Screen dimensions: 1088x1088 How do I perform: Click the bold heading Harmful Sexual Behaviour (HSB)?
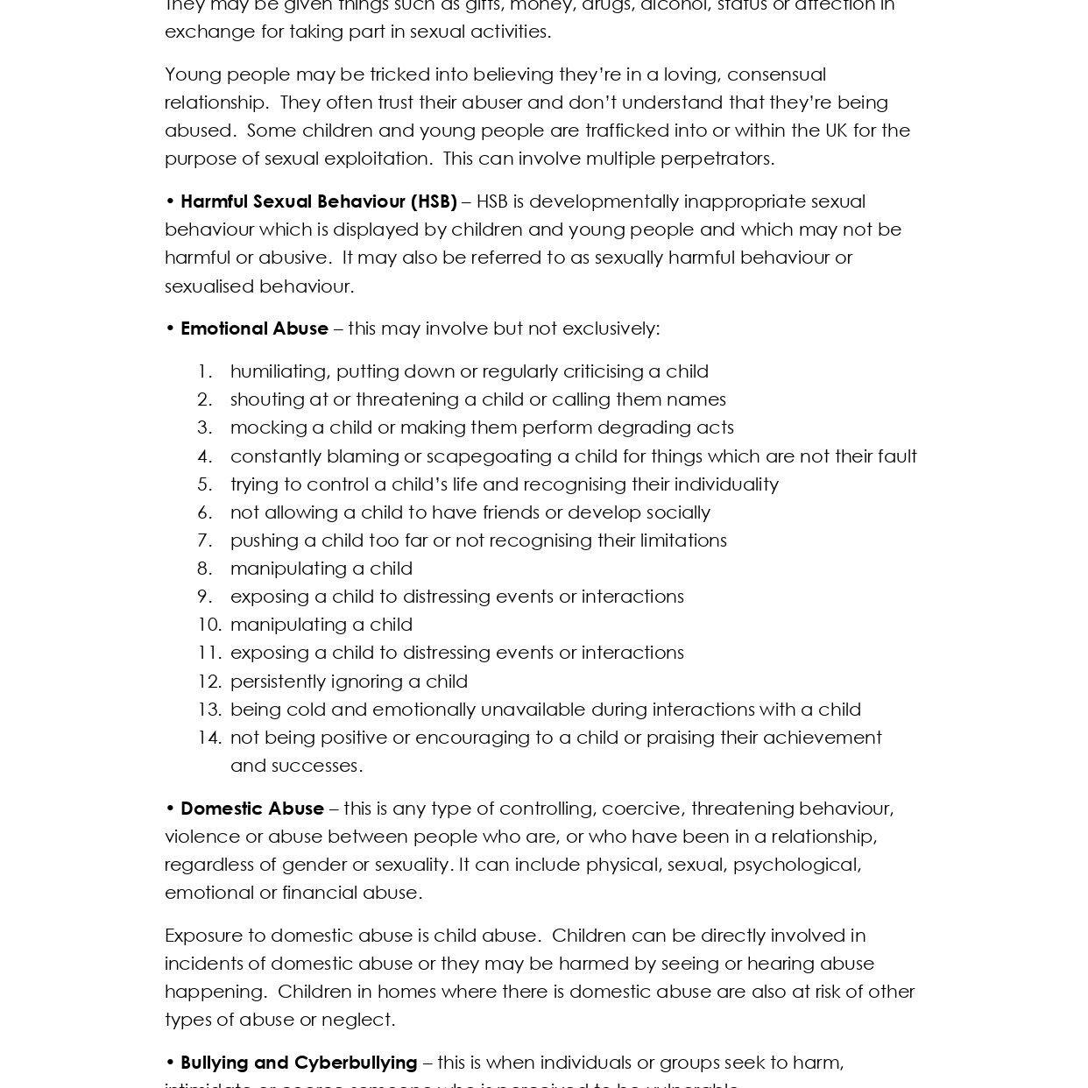pyautogui.click(x=318, y=201)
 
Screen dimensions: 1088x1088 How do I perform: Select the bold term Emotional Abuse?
pyautogui.click(x=254, y=329)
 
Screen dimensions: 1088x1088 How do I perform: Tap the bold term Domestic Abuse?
pyautogui.click(x=252, y=809)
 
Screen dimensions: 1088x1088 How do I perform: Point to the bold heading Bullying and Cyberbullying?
pyautogui.click(x=299, y=1063)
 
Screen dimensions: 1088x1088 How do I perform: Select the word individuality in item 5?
pyautogui.click(x=721, y=484)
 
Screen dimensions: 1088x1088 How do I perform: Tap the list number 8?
pyautogui.click(x=205, y=569)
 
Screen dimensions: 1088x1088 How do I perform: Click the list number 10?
pyautogui.click(x=209, y=625)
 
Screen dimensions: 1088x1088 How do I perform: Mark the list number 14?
pyautogui.click(x=209, y=738)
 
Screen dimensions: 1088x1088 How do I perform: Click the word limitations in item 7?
pyautogui.click(x=682, y=540)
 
